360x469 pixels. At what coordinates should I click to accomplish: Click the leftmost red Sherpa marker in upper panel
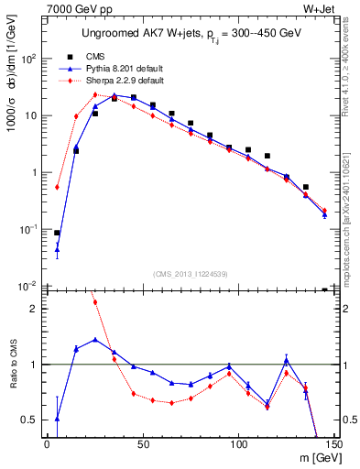point(57,187)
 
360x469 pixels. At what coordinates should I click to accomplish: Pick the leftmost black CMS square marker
point(57,233)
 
